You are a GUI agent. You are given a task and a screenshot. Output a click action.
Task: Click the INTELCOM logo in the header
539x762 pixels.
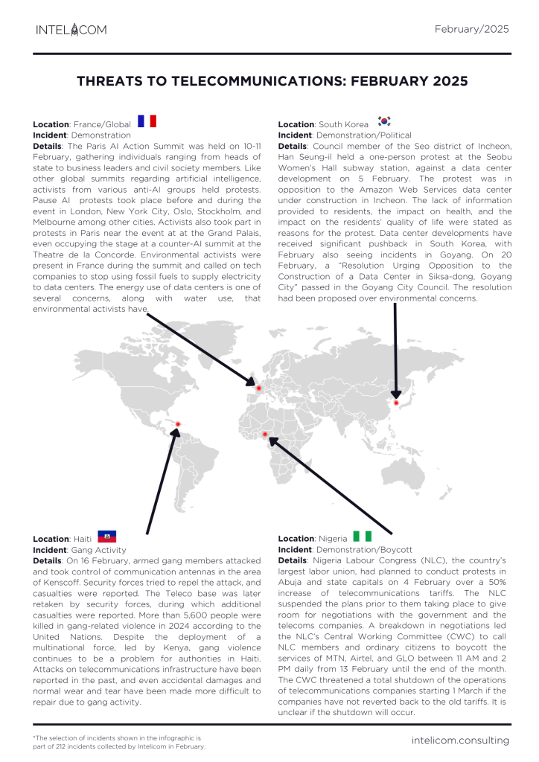pyautogui.click(x=71, y=30)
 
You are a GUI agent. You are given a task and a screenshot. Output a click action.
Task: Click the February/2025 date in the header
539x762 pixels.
pyautogui.click(x=471, y=29)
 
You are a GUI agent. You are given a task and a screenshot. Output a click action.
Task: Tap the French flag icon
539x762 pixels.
pyautogui.click(x=147, y=121)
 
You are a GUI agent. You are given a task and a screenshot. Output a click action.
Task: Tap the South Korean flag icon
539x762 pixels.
pyautogui.click(x=384, y=121)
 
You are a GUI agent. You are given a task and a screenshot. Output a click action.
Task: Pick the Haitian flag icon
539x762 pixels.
pyautogui.click(x=106, y=537)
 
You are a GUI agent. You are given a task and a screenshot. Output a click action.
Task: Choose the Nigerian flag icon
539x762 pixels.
pyautogui.click(x=363, y=537)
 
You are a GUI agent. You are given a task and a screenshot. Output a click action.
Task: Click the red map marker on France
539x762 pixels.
pyautogui.click(x=258, y=388)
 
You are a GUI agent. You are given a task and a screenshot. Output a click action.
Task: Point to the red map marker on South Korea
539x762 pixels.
pyautogui.click(x=396, y=403)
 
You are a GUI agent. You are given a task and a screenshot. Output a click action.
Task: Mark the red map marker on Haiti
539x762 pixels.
pyautogui.click(x=178, y=424)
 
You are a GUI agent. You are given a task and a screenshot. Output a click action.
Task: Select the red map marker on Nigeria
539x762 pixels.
pyautogui.click(x=264, y=434)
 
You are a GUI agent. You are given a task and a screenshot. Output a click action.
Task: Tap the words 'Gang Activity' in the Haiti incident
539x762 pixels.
pyautogui.click(x=100, y=550)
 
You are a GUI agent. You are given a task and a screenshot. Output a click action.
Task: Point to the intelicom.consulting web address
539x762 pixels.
pyautogui.click(x=460, y=740)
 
